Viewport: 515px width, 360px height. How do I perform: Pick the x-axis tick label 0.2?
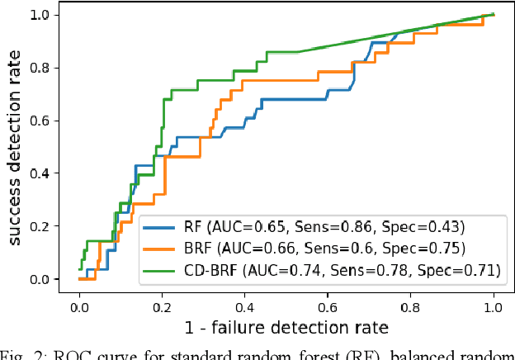pos(162,306)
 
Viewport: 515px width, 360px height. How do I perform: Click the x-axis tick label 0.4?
pos(244,306)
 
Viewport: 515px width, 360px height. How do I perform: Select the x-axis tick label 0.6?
pos(328,306)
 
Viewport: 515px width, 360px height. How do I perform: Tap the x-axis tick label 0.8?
pos(410,306)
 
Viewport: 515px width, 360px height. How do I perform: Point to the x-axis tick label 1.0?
pos(493,306)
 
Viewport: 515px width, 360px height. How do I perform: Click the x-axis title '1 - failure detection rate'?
pos(286,328)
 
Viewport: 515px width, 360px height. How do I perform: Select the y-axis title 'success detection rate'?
pos(15,145)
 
